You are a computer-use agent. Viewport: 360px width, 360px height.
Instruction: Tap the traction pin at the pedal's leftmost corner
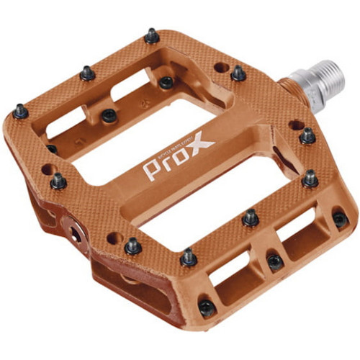tap(19, 112)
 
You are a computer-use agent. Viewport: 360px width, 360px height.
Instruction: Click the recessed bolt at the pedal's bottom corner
tap(207, 309)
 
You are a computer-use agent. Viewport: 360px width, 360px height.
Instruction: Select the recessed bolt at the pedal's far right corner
tap(340, 219)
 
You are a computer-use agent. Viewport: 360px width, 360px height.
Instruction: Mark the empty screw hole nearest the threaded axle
tap(294, 124)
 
